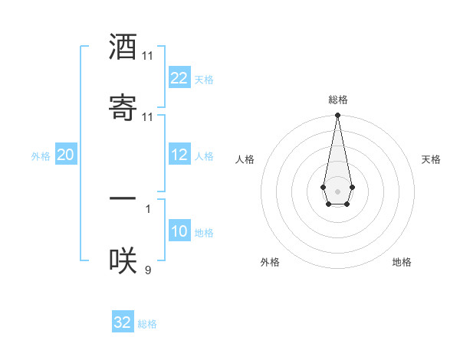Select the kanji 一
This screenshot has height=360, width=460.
(x=123, y=199)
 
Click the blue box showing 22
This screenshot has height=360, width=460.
(x=179, y=78)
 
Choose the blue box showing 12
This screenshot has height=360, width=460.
(x=179, y=155)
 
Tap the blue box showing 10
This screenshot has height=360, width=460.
(x=179, y=231)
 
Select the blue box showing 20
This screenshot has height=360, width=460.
(x=66, y=155)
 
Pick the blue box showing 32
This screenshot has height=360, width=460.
(x=123, y=322)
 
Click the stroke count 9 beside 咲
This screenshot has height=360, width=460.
(x=148, y=270)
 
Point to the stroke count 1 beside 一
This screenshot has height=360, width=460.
(x=148, y=208)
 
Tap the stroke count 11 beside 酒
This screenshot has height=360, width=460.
(x=148, y=57)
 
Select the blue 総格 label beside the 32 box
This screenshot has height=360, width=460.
(x=147, y=324)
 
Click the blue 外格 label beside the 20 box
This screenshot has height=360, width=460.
(x=41, y=156)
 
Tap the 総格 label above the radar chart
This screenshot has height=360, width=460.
(x=338, y=100)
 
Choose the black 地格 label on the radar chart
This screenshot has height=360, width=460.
(x=402, y=262)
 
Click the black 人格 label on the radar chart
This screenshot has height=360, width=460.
(x=245, y=159)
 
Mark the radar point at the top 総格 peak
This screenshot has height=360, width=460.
(x=337, y=116)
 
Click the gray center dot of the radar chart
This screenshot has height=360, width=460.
(x=337, y=190)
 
